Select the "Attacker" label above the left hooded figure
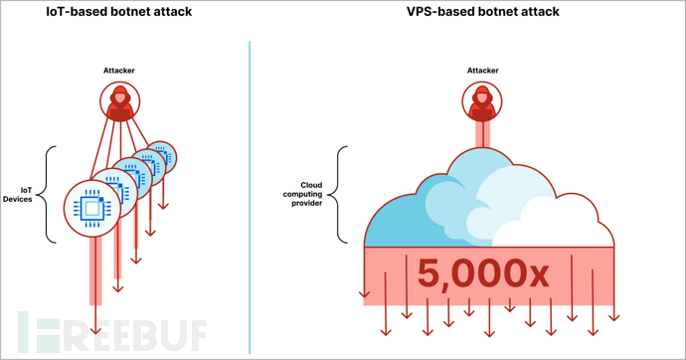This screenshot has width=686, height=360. click(118, 71)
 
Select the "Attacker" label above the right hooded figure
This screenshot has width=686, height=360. click(481, 71)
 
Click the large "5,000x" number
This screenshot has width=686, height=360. click(482, 272)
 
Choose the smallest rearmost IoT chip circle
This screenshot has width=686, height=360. click(160, 156)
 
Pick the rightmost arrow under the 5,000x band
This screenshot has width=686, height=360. click(613, 316)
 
